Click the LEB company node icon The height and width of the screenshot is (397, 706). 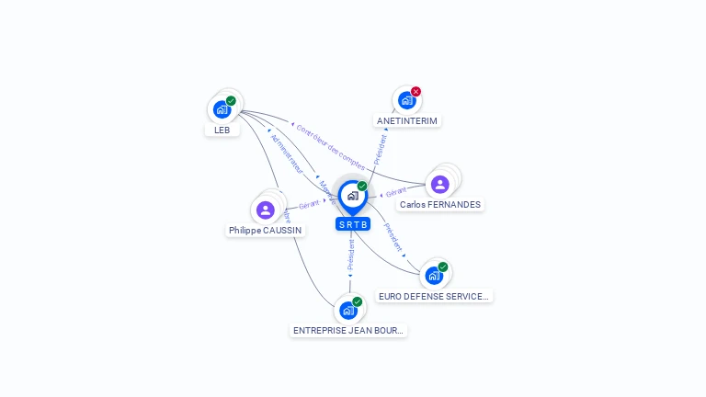point(222,109)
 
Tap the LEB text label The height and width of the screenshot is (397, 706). point(222,130)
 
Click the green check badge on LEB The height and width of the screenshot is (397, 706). point(231,100)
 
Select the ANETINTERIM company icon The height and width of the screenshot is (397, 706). point(406,100)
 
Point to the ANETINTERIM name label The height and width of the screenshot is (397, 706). point(407,120)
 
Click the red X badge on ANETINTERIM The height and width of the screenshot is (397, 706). point(416,92)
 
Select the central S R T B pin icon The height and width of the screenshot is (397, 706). point(352,196)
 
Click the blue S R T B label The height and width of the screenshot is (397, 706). point(353,224)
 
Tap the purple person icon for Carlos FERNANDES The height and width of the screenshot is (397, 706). point(440,184)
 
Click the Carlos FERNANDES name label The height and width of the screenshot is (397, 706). point(440,205)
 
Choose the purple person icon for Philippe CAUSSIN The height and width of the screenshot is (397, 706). point(266,210)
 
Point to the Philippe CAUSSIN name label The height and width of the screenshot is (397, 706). point(266,231)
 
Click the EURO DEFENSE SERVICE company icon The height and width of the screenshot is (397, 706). point(434,275)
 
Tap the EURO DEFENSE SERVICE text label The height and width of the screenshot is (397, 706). point(434,297)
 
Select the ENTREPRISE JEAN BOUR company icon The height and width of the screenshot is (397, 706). point(348,310)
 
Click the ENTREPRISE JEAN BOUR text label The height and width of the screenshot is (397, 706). point(348,330)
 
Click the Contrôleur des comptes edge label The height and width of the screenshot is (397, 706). point(330,147)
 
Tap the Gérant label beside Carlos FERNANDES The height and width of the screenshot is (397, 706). point(396,192)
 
